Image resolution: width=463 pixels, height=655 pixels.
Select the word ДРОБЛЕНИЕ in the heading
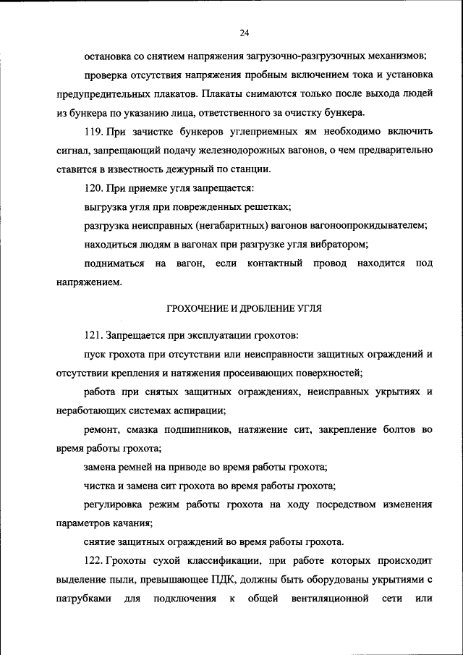pyautogui.click(x=273, y=308)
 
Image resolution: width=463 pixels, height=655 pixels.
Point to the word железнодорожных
pyautogui.click(x=246, y=150)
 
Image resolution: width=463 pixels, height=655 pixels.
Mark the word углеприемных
pyautogui.click(x=240, y=131)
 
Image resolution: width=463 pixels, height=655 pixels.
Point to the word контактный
pyautogui.click(x=274, y=263)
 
